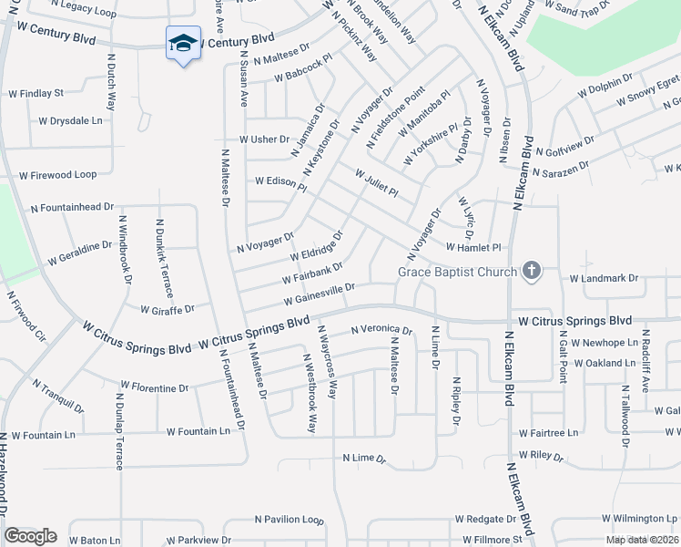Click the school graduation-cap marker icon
(183, 43)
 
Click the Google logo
(30, 536)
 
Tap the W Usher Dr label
(263, 139)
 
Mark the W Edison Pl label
(280, 182)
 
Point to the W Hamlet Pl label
(473, 247)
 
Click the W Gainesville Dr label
(318, 294)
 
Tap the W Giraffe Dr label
(168, 309)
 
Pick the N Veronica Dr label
(381, 330)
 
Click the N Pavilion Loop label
(289, 520)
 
